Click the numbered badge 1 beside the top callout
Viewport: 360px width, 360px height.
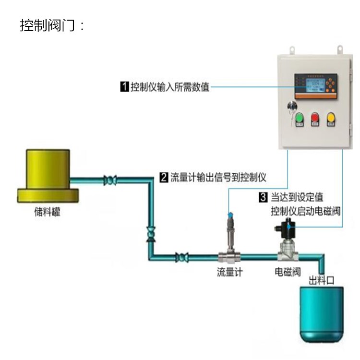point(124,87)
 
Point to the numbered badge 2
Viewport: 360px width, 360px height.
point(164,178)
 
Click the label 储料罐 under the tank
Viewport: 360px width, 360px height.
point(48,212)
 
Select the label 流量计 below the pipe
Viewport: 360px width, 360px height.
point(230,272)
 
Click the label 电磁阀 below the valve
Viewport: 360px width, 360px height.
point(288,272)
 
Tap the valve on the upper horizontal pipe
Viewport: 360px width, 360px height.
point(110,181)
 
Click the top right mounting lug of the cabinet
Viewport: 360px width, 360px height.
point(340,49)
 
